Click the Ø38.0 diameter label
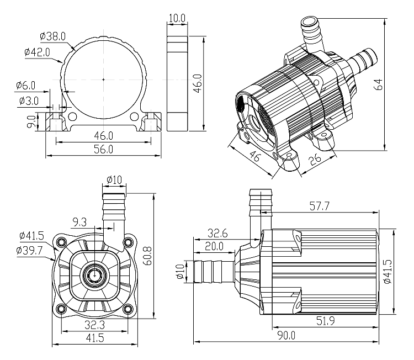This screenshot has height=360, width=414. pos(53,36)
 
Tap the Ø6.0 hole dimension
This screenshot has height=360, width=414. pos(26,86)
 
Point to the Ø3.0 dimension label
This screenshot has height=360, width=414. pos(28,101)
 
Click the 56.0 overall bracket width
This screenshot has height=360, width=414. pos(103,150)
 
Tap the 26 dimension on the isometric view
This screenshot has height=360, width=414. pos(315,160)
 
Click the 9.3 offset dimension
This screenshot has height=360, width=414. pos(79,222)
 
